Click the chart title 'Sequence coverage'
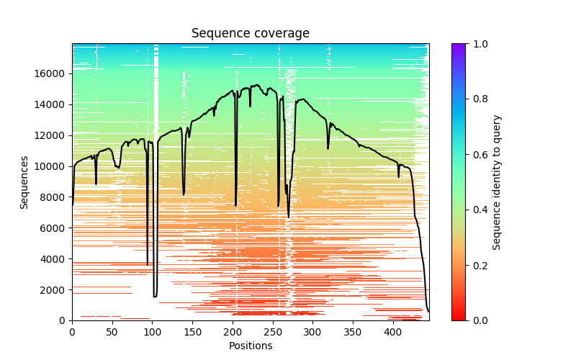tap(251, 33)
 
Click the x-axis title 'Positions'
tap(251, 346)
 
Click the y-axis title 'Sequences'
tap(24, 182)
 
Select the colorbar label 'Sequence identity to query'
tap(497, 182)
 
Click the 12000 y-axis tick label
tap(49, 135)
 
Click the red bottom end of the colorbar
tap(459, 318)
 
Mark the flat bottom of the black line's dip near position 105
tap(155, 297)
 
